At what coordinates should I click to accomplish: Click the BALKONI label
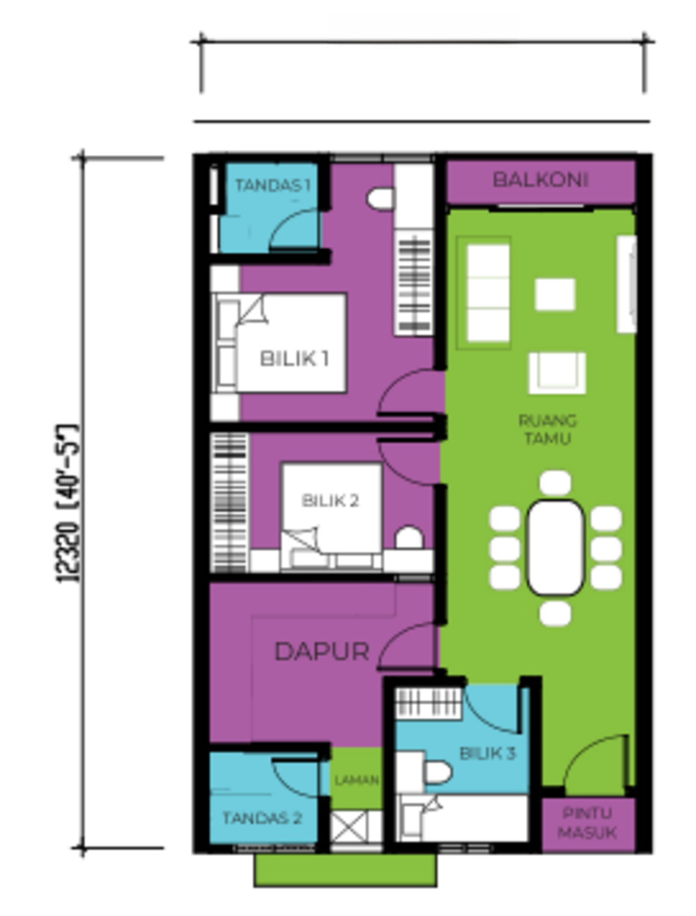pos(540,180)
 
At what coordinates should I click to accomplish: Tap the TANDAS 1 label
pos(272,185)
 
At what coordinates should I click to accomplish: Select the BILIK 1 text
pos(294,358)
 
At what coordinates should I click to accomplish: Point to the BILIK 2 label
pos(330,501)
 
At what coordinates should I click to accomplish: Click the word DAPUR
pos(322,652)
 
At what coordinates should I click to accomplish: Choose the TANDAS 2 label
pos(262,818)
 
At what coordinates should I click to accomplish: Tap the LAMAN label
pos(357,780)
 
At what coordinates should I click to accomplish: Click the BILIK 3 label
pos(487,754)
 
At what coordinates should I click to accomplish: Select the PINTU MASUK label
pos(587,823)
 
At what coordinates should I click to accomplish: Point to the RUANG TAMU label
pos(548,429)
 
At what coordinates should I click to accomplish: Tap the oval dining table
pos(556,547)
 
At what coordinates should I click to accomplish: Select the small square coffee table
pos(555,294)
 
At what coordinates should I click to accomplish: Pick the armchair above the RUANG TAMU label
pos(556,373)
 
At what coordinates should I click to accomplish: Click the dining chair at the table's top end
pos(556,482)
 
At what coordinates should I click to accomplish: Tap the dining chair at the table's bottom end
pos(556,614)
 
